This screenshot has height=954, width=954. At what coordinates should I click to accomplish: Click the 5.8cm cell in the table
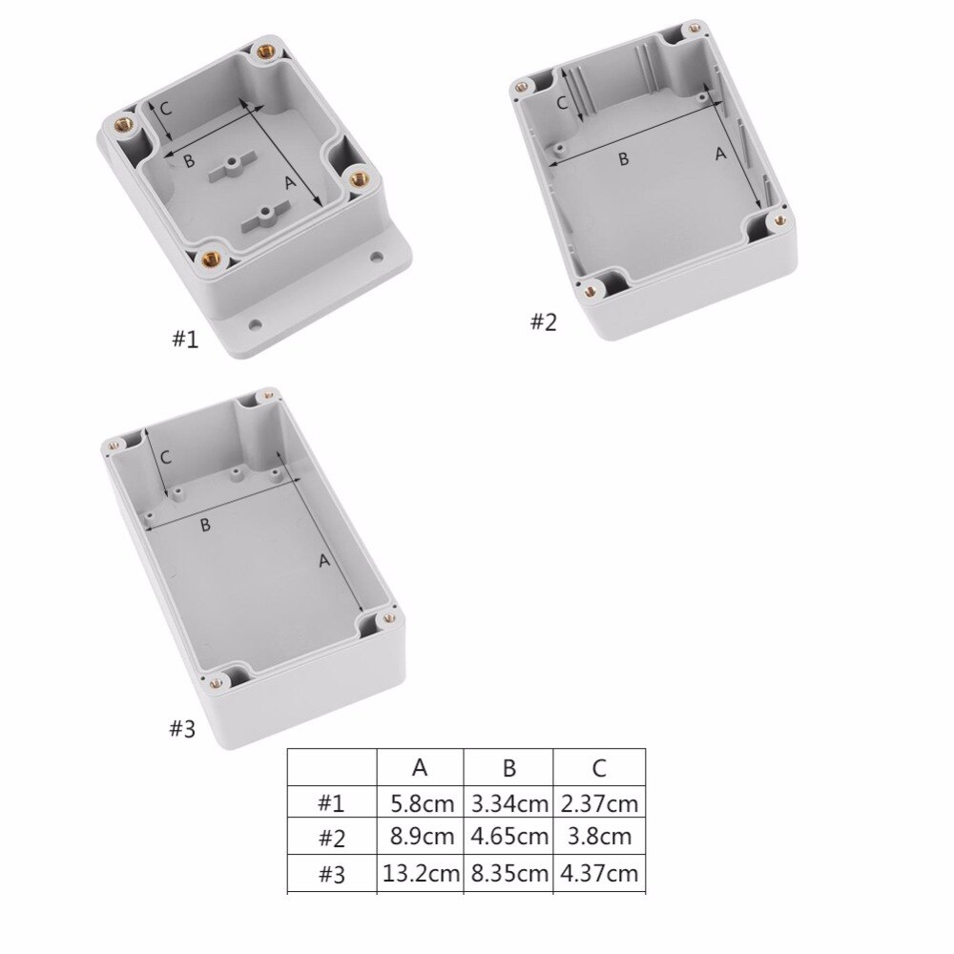(x=421, y=804)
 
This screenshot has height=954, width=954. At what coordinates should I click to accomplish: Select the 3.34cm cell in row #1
(x=509, y=804)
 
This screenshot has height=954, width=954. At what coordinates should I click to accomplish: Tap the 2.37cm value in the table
(x=599, y=804)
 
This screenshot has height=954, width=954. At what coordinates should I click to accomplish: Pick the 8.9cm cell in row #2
(x=421, y=839)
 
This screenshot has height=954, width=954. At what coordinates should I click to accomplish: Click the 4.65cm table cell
(x=509, y=839)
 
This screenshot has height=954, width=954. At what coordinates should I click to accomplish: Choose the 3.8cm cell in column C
(x=599, y=839)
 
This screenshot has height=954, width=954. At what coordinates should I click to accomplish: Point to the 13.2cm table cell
(x=421, y=873)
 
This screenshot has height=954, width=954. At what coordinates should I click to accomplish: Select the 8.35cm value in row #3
(x=509, y=873)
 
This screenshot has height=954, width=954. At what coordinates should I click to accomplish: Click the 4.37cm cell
(x=599, y=873)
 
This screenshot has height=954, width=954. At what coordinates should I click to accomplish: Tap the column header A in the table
(x=420, y=768)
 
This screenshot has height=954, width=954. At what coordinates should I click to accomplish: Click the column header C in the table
(x=599, y=768)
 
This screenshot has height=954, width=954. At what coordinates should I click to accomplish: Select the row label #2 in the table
(x=331, y=839)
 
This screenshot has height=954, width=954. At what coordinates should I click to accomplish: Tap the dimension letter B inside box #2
(x=623, y=158)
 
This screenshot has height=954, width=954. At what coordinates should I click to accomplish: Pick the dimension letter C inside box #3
(x=165, y=457)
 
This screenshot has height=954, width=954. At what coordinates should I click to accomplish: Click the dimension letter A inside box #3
(x=324, y=561)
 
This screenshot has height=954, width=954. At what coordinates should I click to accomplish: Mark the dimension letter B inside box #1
(x=189, y=160)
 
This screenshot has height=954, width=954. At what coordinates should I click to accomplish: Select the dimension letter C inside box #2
(x=562, y=101)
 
